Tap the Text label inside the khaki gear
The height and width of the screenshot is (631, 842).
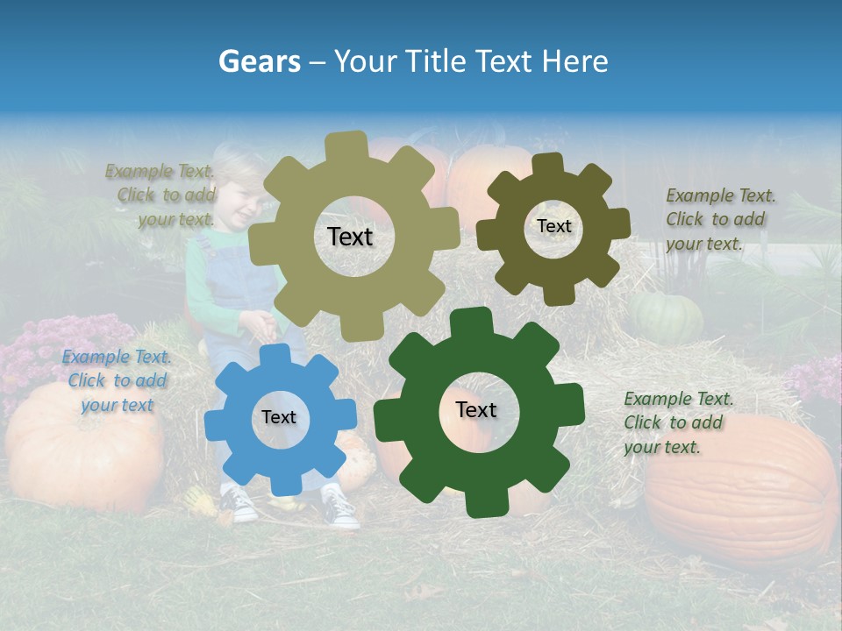point(350,237)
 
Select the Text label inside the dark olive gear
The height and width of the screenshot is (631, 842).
point(553,226)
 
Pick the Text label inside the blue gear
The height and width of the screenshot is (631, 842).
point(279,417)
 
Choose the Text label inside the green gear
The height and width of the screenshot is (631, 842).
point(476,409)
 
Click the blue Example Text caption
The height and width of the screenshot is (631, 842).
point(117,380)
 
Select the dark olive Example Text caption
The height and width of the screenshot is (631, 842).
point(720,219)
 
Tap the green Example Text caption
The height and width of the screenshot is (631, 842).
point(678,422)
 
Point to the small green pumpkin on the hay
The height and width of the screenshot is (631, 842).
point(667,316)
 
